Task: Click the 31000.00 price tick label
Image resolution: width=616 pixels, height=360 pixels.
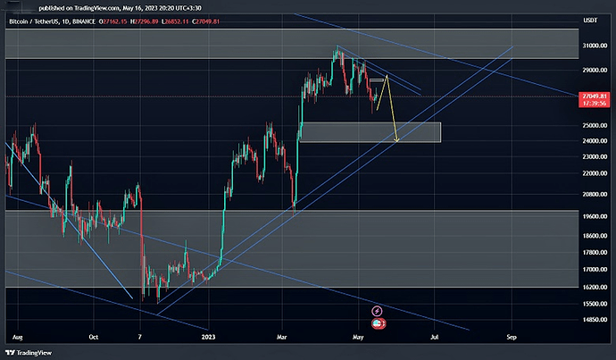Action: click(x=590, y=45)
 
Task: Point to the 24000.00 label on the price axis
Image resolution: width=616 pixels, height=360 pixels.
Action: click(x=590, y=140)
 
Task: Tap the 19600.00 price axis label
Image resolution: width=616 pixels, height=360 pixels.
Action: click(x=590, y=215)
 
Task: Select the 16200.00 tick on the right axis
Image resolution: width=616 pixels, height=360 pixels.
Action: click(x=590, y=287)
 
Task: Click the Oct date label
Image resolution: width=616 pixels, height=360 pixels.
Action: click(x=93, y=338)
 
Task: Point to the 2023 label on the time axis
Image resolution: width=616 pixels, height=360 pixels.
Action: click(x=208, y=338)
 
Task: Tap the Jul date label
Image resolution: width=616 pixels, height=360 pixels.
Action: click(x=435, y=338)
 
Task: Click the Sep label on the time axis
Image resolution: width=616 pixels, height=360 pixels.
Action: click(x=512, y=338)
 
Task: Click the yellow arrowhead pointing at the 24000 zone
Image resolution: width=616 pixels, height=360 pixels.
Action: click(x=395, y=139)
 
